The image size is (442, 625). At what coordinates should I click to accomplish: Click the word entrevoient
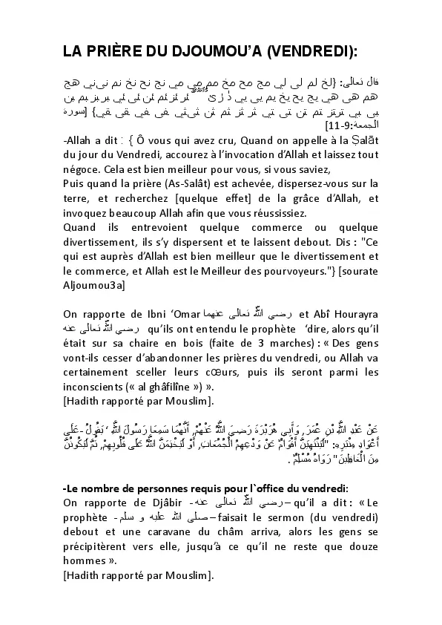point(163,226)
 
